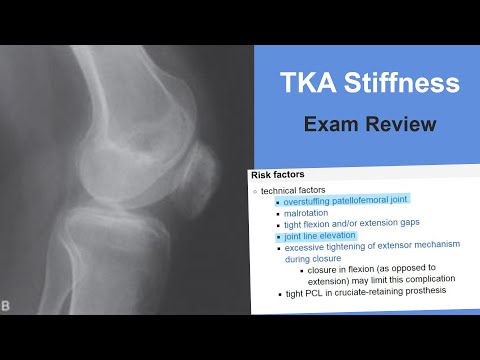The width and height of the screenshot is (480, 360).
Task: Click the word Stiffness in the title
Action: (391, 84)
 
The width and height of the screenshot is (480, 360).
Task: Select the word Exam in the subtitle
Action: (330, 125)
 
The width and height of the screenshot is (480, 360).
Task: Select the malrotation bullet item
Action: (308, 212)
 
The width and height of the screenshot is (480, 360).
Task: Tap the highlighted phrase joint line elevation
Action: (320, 236)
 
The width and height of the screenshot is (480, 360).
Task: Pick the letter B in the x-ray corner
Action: (8, 305)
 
